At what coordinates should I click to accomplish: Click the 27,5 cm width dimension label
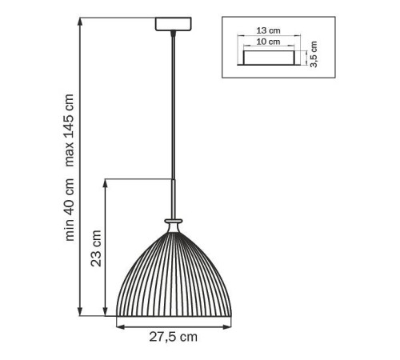pos(173,337)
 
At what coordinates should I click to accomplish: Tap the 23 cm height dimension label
pos(96,249)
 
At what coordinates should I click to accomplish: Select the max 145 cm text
pos(69,130)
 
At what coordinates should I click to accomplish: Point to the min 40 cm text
pos(69,210)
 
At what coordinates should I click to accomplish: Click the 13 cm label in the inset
pos(268,30)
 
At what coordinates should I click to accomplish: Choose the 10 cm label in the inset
pos(268,42)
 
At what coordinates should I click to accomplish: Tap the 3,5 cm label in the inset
pos(314,54)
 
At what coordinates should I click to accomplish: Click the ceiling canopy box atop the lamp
pos(174,24)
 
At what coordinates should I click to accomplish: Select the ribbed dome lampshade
pos(174,274)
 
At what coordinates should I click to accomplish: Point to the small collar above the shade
pos(174,221)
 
